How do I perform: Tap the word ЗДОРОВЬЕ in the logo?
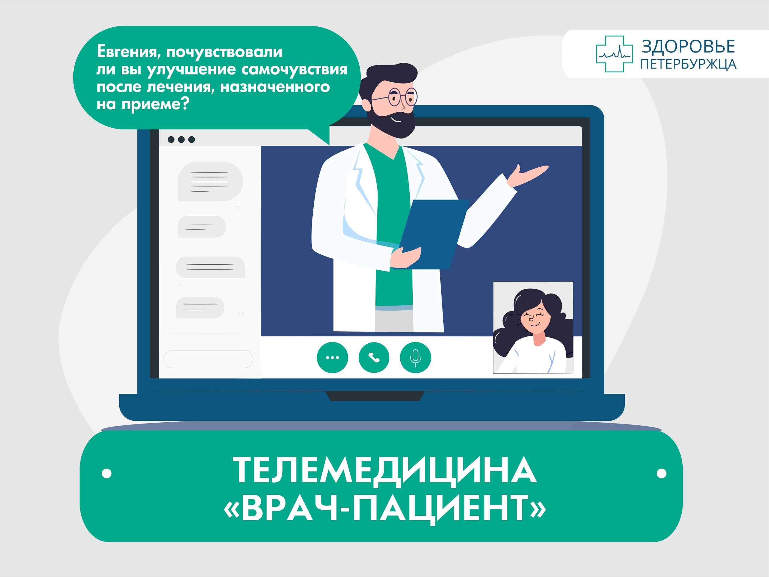688,47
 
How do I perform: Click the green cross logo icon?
614,54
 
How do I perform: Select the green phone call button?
374,358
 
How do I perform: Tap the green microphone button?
415,358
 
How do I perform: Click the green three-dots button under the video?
332,358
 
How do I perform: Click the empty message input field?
208,359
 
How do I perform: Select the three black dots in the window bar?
181,139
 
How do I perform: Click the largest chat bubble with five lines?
210,181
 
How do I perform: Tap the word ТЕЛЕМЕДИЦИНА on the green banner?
385,470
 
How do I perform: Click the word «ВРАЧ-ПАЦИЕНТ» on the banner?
385,508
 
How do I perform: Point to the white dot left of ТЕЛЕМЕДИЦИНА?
107,473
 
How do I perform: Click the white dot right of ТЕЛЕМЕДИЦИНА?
661,473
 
